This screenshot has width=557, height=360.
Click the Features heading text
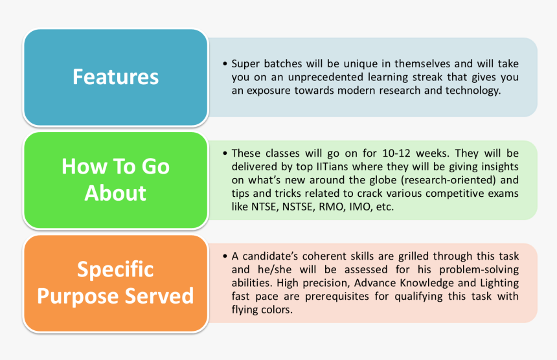115,77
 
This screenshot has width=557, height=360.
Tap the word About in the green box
115,193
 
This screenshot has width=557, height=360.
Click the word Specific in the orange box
115,269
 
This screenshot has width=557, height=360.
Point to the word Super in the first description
244,64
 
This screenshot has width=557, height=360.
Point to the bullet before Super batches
224,65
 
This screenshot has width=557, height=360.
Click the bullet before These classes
224,154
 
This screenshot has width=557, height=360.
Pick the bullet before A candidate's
224,256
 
